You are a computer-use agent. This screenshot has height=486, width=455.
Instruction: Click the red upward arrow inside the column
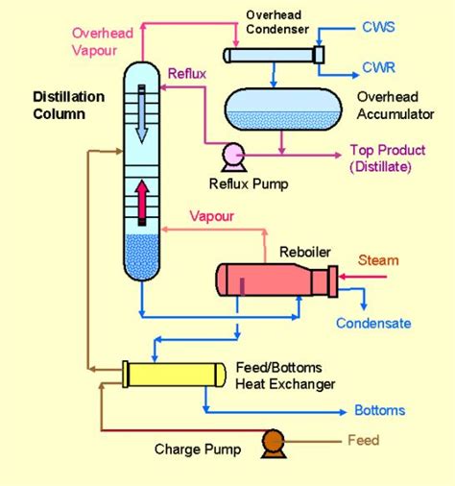(x=142, y=202)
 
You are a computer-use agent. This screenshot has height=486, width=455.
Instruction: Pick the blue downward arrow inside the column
(x=142, y=113)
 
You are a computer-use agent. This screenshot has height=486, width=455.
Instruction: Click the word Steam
(x=377, y=260)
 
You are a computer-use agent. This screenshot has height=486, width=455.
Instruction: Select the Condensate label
(x=373, y=324)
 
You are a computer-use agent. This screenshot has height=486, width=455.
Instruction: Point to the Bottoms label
(x=379, y=410)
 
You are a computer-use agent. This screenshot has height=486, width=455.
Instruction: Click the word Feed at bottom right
(x=364, y=441)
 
